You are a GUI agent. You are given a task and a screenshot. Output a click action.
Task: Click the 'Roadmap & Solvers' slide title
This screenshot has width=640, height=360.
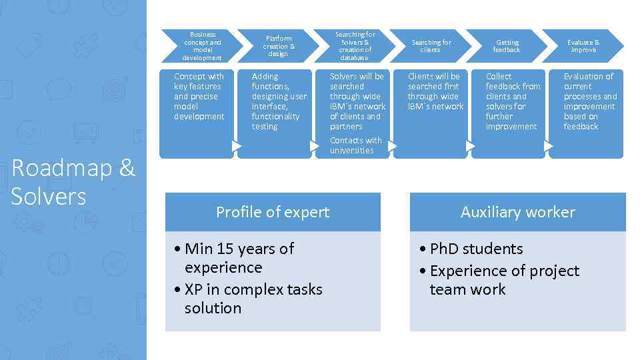click(73, 181)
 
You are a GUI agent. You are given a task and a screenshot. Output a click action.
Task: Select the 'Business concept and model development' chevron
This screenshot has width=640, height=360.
click(202, 45)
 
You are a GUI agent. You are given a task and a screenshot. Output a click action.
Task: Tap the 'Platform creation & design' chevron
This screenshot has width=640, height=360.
click(279, 45)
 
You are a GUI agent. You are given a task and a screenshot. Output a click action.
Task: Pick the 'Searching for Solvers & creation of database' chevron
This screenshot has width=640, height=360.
click(355, 45)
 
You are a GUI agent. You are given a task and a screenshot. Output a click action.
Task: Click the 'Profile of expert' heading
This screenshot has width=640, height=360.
click(273, 212)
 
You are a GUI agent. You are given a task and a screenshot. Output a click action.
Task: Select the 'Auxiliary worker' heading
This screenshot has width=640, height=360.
click(517, 212)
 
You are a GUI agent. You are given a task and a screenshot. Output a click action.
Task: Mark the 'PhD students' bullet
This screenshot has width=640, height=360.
click(476, 249)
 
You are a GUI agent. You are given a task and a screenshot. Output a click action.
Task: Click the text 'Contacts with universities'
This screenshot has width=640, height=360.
click(355, 145)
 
